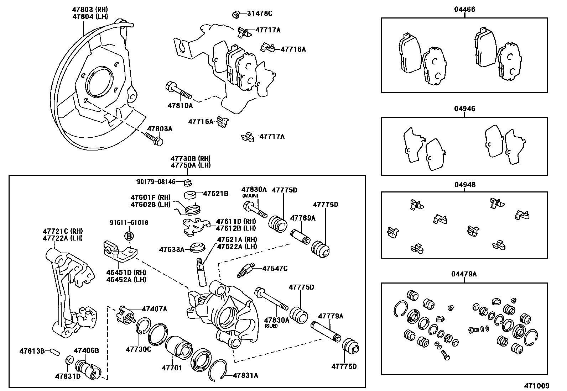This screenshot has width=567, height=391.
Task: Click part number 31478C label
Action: pos(260,14)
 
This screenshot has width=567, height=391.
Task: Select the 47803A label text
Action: pos(160,129)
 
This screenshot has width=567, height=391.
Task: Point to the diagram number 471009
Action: pos(536,386)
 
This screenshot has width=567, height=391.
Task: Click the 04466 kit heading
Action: pos(464,10)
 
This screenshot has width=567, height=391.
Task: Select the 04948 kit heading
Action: pos(464,185)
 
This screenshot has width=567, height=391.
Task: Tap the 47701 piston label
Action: pos(172,368)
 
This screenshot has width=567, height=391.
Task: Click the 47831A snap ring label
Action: pos(245,375)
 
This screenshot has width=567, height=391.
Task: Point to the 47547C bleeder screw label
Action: pos(275,268)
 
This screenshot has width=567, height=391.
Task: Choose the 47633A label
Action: pos(172,249)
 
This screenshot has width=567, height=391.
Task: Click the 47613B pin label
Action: pos(32,351)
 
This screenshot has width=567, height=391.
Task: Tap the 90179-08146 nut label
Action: pos(156,181)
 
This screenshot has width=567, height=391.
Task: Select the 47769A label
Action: pos(303,218)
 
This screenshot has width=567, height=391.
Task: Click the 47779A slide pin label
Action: pos(331,316)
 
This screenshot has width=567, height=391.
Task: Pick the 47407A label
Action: pos(154,309)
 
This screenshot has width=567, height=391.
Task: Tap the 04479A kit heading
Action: pos(464,274)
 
